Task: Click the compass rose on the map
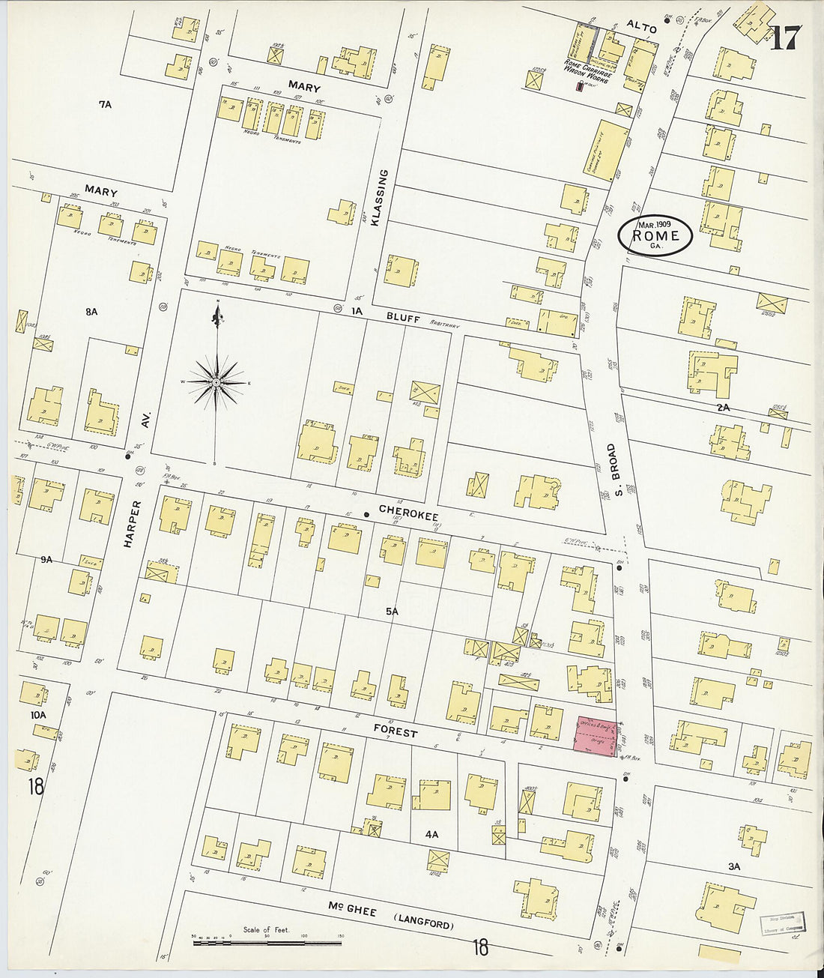click(216, 382)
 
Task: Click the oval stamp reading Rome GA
click(655, 235)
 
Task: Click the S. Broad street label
click(611, 471)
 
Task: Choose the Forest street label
click(396, 732)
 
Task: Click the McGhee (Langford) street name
click(391, 915)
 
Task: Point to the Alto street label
click(641, 28)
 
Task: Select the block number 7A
click(104, 104)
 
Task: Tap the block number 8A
click(91, 311)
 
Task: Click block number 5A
click(391, 612)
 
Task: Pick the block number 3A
click(734, 866)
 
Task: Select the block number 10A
click(38, 716)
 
